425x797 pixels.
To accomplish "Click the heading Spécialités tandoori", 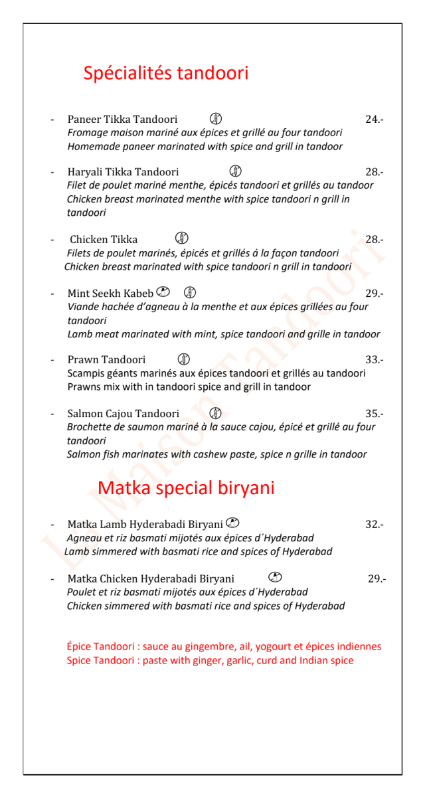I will tap(165, 72).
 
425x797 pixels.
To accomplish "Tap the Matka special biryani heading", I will tap(186, 488).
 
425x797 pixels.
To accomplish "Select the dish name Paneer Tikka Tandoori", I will tap(122, 120).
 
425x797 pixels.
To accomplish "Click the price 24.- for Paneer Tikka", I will tap(375, 120).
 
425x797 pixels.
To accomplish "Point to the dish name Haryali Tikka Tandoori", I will tap(123, 172).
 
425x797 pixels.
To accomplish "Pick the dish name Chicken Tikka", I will tap(104, 239).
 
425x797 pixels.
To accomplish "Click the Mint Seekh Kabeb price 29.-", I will tap(375, 293).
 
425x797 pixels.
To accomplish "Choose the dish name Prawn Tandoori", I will tap(106, 360).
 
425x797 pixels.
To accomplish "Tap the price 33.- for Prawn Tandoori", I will tap(375, 360).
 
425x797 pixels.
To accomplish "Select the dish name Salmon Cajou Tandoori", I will tap(123, 414).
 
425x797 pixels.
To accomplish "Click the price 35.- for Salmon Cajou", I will tap(375, 414).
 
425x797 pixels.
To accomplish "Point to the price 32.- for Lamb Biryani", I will tap(375, 525).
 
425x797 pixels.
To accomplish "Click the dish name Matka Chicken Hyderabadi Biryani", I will tap(151, 578).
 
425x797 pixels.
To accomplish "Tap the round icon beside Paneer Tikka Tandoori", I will tap(216, 119).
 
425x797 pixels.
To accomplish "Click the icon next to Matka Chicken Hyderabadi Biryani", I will tap(276, 577).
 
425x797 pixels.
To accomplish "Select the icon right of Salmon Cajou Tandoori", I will tap(215, 413).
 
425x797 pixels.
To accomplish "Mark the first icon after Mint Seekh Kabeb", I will tap(163, 292).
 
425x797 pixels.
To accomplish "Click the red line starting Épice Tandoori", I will tap(224, 646).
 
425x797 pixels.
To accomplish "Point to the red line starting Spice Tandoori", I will tap(210, 660).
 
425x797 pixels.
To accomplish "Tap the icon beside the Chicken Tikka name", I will tap(182, 238).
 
